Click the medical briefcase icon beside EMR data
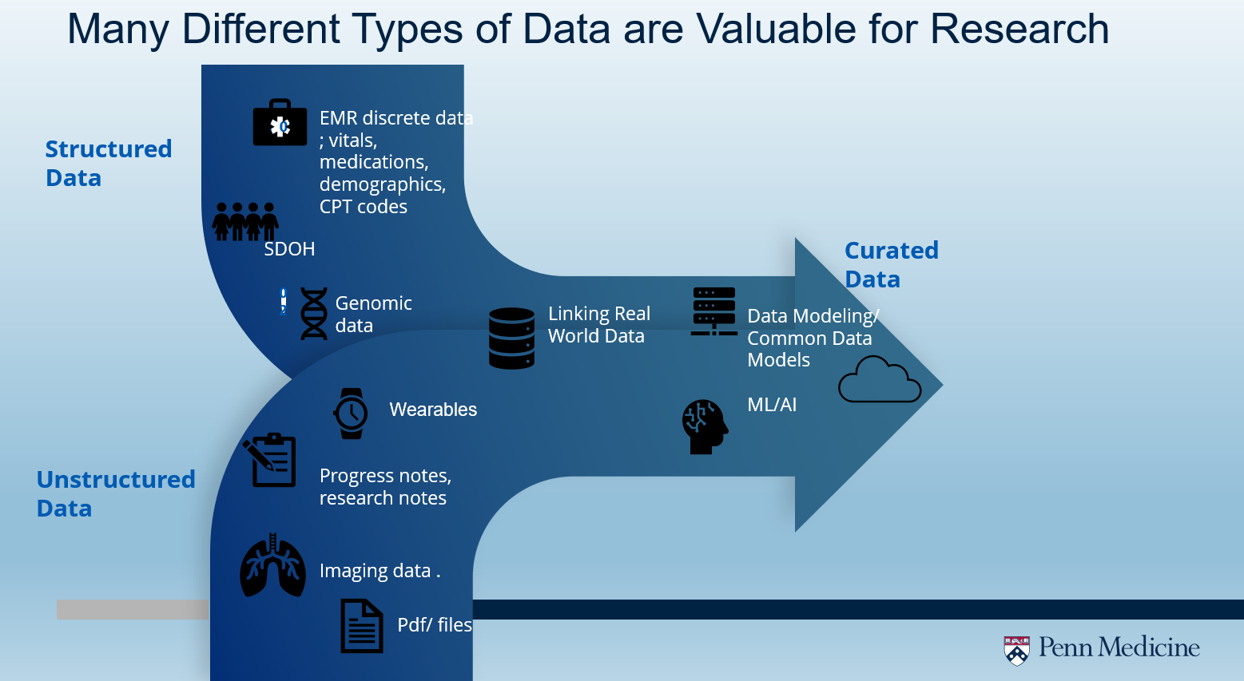280,123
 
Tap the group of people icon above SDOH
245,221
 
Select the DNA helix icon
314,314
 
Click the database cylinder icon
511,339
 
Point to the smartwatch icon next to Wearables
351,414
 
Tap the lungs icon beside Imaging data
273,566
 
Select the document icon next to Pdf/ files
362,626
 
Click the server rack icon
713,311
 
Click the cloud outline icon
879,381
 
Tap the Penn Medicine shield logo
1016,650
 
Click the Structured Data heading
109,163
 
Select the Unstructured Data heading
116,493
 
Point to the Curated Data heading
891,264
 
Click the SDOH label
289,249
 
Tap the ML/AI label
772,405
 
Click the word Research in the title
1019,30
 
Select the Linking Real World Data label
598,325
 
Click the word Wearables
433,410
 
